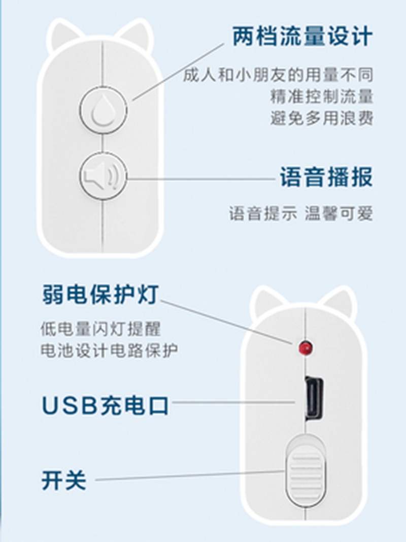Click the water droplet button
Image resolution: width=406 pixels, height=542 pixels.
click(x=103, y=110)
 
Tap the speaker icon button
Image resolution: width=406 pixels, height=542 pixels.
click(x=103, y=176)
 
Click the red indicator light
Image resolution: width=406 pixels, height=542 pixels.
click(x=306, y=347)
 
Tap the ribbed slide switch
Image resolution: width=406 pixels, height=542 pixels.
click(x=306, y=470)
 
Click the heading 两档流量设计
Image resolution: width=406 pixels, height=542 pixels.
click(x=302, y=36)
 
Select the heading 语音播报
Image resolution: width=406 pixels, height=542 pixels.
click(x=326, y=177)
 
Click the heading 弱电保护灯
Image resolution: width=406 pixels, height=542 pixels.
click(x=100, y=294)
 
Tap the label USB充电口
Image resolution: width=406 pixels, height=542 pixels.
click(x=105, y=405)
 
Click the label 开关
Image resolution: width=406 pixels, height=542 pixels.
click(x=64, y=480)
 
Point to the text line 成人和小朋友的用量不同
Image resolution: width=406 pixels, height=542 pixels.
click(x=278, y=75)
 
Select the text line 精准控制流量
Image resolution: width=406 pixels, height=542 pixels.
click(x=321, y=97)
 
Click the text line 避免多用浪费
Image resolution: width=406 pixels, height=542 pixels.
click(x=321, y=118)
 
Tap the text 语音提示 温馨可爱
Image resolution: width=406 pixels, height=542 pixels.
click(x=301, y=213)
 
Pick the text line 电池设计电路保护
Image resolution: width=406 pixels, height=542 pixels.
click(x=109, y=350)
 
